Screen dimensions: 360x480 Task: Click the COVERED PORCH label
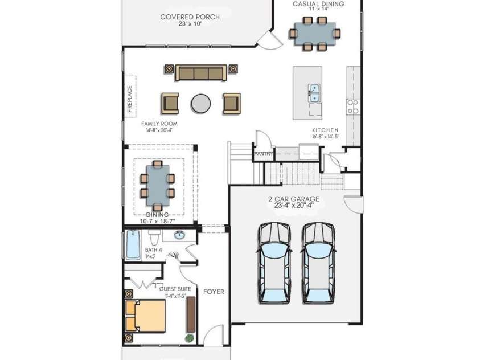(x=190, y=17)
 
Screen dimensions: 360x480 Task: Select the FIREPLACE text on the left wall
(x=129, y=99)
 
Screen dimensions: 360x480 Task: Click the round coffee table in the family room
(x=200, y=103)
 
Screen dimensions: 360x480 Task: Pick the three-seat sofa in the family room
(x=199, y=73)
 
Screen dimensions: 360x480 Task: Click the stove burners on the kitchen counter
(x=352, y=107)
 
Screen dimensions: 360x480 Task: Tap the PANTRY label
(x=264, y=154)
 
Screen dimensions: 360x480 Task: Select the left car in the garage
(x=274, y=262)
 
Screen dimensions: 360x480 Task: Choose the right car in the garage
(x=318, y=262)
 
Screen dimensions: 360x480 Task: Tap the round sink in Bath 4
(x=179, y=235)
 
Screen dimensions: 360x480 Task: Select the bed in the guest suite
(x=146, y=316)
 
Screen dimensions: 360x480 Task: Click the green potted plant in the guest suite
(x=189, y=338)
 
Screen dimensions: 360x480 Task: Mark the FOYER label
(x=214, y=292)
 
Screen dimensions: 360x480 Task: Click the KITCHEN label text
(x=326, y=130)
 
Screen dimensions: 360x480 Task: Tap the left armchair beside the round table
(x=170, y=103)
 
